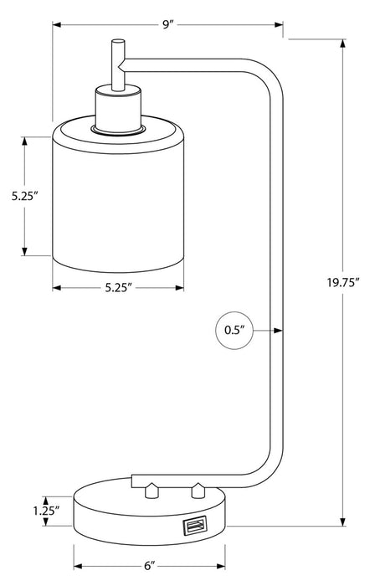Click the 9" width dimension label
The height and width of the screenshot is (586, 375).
coord(167,25)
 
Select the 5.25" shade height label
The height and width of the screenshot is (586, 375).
coord(26,197)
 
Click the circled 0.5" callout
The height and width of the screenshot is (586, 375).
coord(233,330)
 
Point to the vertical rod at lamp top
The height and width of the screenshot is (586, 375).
coord(115,63)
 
